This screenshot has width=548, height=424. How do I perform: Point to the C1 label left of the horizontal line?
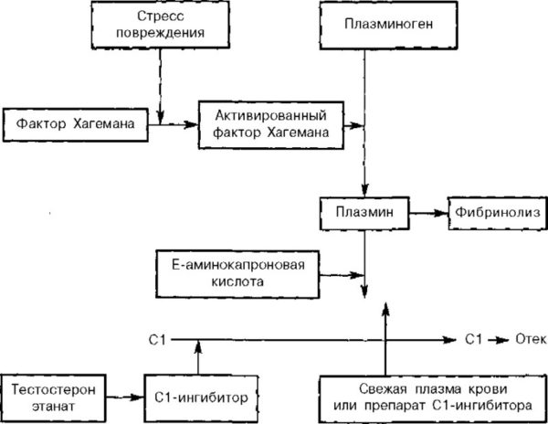[156, 339]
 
